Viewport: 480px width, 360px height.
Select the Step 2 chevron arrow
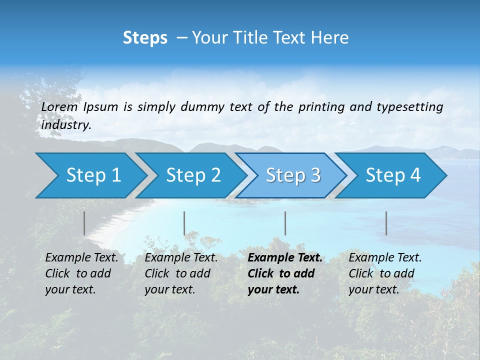[x=193, y=175]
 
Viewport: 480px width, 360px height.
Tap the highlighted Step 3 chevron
[x=293, y=175]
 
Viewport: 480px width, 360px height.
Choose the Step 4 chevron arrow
[x=393, y=175]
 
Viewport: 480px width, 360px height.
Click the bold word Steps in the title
[x=145, y=37]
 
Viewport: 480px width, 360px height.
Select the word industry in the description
[x=66, y=125]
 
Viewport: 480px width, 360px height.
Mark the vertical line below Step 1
[x=84, y=223]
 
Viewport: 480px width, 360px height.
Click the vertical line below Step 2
[x=184, y=223]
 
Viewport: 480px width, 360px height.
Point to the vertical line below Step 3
[x=285, y=223]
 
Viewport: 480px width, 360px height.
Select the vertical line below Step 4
[x=386, y=223]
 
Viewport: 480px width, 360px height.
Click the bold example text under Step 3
[x=284, y=273]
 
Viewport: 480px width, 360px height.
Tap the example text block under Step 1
[x=81, y=273]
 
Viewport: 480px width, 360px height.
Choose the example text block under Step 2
[x=181, y=273]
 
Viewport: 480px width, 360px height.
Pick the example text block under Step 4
[x=385, y=273]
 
